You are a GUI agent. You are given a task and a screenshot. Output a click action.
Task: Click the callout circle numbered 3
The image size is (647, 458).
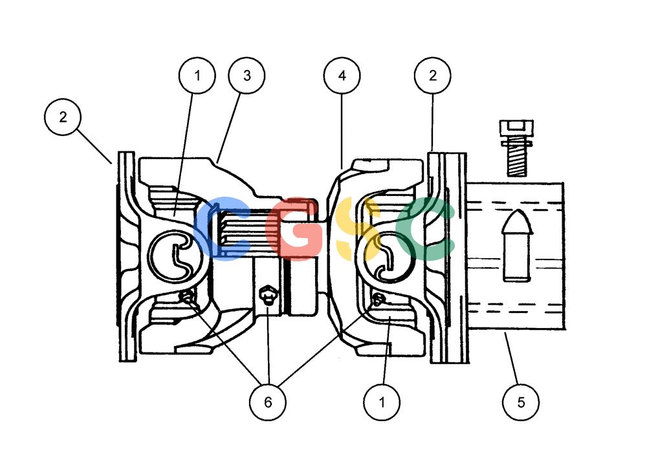(247, 76)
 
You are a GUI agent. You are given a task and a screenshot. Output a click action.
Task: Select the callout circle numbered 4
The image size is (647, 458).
(342, 76)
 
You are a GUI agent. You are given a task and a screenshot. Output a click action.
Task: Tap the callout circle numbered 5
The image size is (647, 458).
(521, 402)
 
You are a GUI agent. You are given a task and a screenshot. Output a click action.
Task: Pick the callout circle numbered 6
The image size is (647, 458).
(268, 402)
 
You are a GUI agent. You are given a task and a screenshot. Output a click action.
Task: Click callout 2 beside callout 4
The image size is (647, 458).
(432, 76)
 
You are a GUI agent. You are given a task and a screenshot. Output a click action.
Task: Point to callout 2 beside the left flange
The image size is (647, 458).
(63, 117)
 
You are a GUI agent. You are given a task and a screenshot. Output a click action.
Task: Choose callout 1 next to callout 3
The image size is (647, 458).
(197, 76)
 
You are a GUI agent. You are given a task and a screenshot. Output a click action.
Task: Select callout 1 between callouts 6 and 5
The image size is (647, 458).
(382, 402)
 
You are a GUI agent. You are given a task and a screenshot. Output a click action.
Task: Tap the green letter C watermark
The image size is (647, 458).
(425, 229)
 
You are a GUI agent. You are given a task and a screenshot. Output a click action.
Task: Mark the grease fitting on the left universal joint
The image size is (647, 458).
(188, 297)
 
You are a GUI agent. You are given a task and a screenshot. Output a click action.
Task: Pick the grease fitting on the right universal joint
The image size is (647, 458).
(378, 300)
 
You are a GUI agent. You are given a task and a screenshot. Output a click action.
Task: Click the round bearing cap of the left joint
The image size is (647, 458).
(176, 256)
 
